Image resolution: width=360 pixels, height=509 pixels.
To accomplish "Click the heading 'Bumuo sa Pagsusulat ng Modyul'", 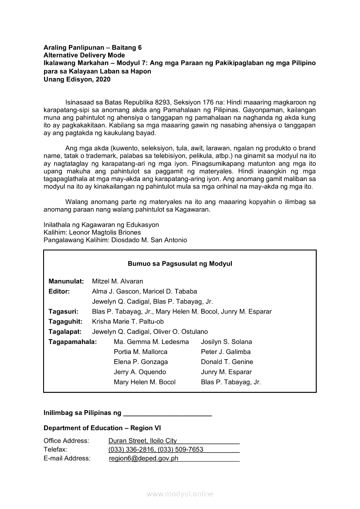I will coord(180,264).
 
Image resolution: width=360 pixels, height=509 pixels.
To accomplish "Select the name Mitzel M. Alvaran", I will coord(117,281).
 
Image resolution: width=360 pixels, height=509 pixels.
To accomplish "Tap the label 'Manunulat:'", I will coord(66,281).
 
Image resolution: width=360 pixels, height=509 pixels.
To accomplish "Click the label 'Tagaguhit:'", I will coord(63,321).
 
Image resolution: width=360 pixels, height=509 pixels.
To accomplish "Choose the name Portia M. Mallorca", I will coord(140,352).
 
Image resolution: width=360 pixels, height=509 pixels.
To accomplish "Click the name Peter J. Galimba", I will coord(225,352).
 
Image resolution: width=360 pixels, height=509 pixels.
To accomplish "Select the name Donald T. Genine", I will coord(227,362).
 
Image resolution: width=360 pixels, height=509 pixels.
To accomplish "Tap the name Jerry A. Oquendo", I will coord(139,372).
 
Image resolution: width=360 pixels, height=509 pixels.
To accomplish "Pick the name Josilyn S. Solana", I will coord(226,342).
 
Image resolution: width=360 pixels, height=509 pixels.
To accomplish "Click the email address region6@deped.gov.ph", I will coord(143,458).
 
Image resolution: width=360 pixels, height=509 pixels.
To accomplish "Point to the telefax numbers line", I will coord(156,449).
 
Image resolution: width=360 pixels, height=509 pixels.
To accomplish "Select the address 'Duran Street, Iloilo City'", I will coord(143,441).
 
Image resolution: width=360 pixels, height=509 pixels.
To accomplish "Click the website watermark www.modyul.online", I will coord(180,494).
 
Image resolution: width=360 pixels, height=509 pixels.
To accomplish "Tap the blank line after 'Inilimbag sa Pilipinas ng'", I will coord(167,413).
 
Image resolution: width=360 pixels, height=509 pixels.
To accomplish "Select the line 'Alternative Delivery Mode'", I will coord(84,55).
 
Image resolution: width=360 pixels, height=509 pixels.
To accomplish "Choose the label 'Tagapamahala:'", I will coord(72,342).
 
